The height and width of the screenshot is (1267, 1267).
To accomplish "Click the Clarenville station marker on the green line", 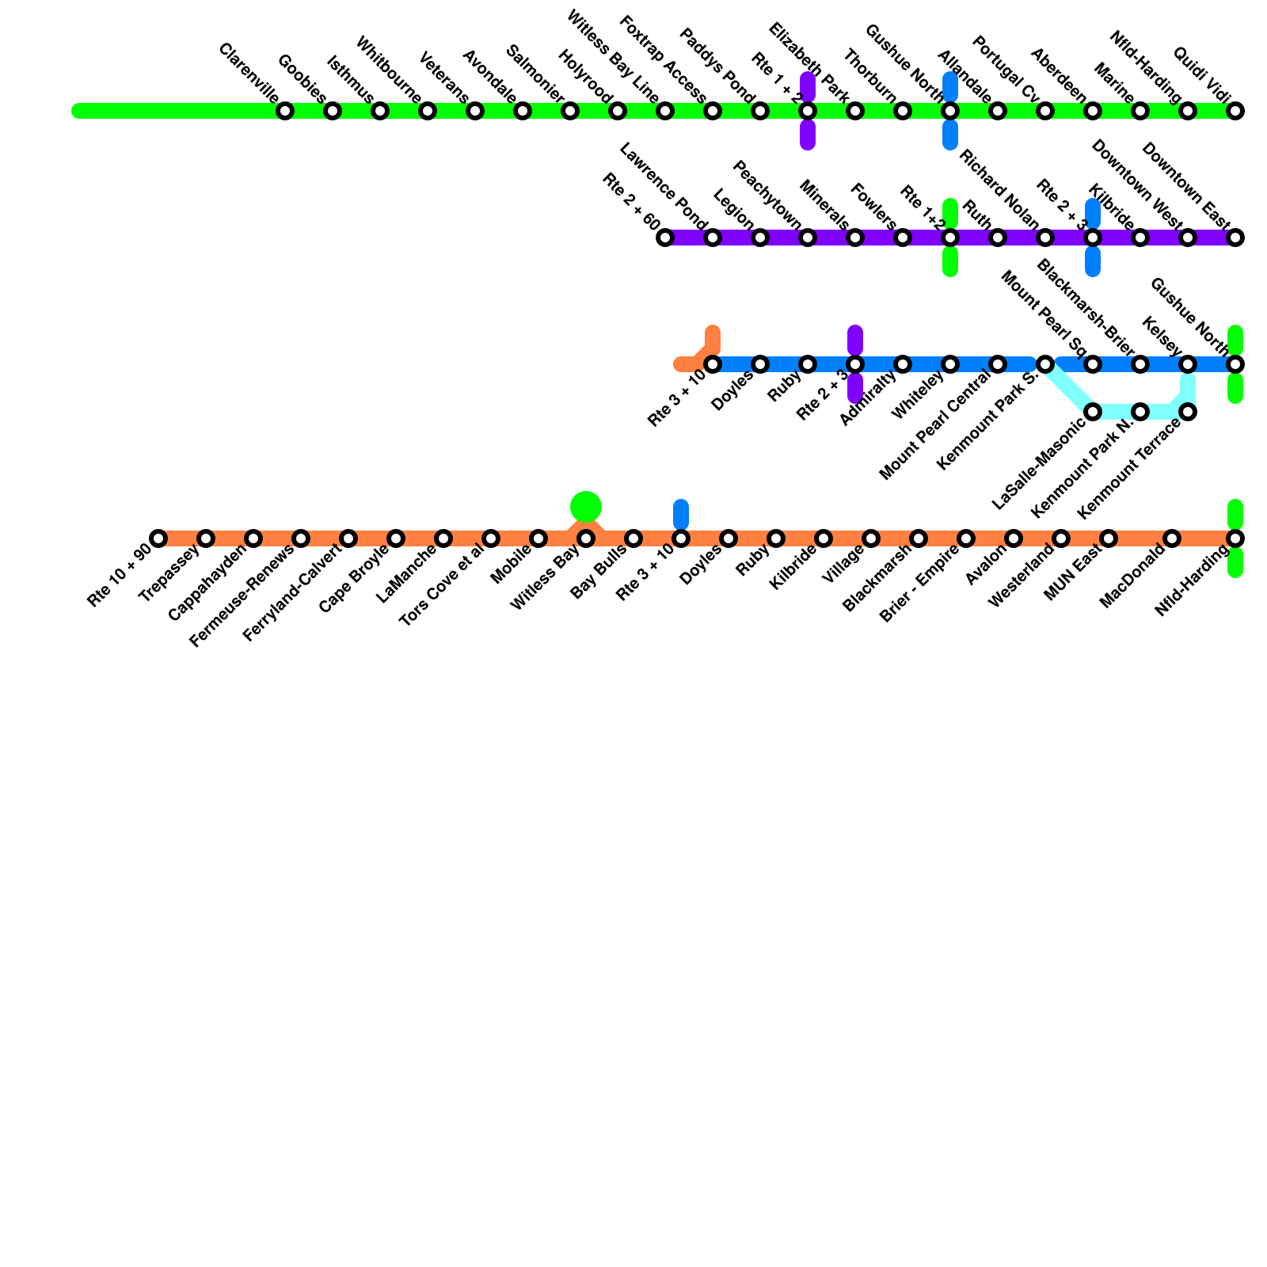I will coord(285,111).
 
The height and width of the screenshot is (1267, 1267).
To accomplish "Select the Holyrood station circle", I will coord(618,111).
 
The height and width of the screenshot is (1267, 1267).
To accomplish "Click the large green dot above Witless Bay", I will coord(586,506).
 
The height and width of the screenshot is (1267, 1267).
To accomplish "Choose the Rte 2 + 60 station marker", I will coord(665,238).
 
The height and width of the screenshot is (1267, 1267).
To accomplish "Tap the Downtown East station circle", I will coord(1235,238).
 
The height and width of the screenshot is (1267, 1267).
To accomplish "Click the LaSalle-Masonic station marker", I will coord(1093,412).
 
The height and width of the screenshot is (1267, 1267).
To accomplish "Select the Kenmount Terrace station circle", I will coord(1188,412).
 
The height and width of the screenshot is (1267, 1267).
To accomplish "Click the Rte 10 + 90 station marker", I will coord(158,538).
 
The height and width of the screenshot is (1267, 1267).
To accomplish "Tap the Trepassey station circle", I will coord(206,538).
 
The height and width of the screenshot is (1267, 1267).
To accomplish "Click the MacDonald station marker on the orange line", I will coord(1172,538).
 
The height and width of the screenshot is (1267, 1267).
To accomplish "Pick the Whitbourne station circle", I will coord(428,111).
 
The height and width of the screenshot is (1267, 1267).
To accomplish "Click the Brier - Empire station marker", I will coord(966,538).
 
